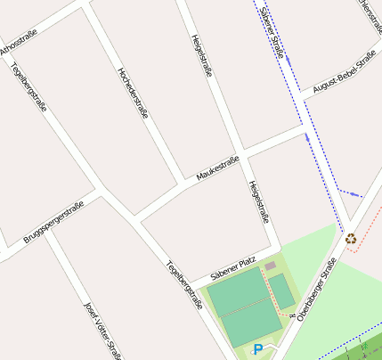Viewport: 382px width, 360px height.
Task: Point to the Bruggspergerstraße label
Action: pyautogui.click(x=53, y=224)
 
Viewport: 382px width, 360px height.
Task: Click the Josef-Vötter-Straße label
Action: pyautogui.click(x=102, y=331)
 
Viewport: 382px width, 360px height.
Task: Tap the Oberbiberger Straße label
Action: pyautogui.click(x=317, y=289)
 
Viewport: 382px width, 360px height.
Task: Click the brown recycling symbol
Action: pyautogui.click(x=351, y=238)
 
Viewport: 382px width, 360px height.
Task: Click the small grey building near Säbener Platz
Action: pyautogui.click(x=270, y=266)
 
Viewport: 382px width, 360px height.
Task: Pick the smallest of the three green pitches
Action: pyautogui.click(x=281, y=290)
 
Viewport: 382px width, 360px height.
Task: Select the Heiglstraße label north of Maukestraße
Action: pyautogui.click(x=202, y=56)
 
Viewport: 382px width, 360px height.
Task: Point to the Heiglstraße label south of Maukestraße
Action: pyautogui.click(x=258, y=201)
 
